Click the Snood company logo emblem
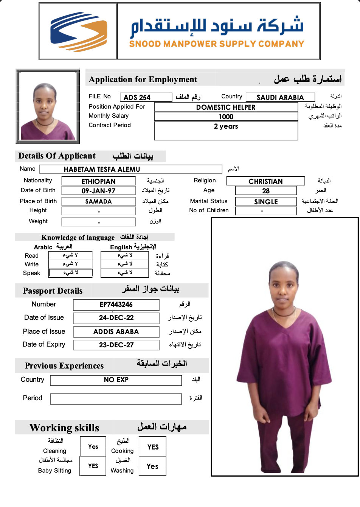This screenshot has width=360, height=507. [x=78, y=32]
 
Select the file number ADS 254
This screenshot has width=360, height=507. [x=137, y=98]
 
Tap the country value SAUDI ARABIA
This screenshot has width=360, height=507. [x=280, y=98]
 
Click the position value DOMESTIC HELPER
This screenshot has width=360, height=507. [x=226, y=107]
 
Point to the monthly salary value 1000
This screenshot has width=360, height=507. [x=226, y=117]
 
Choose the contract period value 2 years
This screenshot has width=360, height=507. [x=226, y=126]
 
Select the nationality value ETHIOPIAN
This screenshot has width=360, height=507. [x=98, y=182]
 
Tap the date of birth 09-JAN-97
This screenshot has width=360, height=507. [x=98, y=191]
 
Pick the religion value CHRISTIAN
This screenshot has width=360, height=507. [x=265, y=182]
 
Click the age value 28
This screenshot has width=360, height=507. [x=266, y=191]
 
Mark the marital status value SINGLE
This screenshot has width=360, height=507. [x=266, y=202]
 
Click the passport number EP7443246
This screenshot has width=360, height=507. [x=116, y=305]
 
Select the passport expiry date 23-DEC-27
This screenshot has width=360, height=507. [x=116, y=345]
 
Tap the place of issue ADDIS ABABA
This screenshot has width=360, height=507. [x=116, y=332]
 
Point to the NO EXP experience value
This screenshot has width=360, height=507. [x=116, y=380]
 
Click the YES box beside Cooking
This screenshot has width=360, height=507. [x=153, y=447]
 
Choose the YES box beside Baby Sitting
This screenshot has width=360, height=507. [x=93, y=466]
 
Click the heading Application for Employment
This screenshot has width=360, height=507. [x=143, y=79]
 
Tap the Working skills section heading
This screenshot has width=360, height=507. [x=64, y=428]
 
